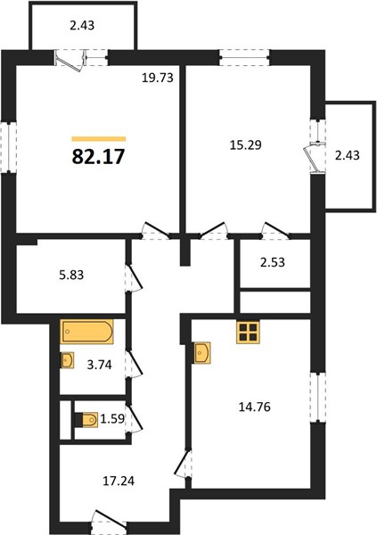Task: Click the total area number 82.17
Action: (98, 157)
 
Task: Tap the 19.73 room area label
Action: (158, 78)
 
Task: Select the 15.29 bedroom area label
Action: (246, 145)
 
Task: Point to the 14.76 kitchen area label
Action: (255, 407)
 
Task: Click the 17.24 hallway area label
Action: (119, 481)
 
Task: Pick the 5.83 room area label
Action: (71, 275)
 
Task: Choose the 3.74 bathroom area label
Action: (99, 365)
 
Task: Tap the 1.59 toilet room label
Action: (113, 418)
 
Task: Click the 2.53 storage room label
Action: (272, 262)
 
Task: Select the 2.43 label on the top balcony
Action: (82, 25)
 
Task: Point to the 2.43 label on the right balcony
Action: (348, 155)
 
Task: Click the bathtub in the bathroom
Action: (86, 331)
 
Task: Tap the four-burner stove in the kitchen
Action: (248, 332)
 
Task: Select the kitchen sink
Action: (202, 353)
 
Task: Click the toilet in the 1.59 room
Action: (86, 420)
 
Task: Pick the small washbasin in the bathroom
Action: (67, 360)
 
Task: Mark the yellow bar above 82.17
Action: (99, 139)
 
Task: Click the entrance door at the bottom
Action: (109, 523)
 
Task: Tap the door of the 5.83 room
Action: (134, 278)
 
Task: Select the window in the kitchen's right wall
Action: (317, 398)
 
